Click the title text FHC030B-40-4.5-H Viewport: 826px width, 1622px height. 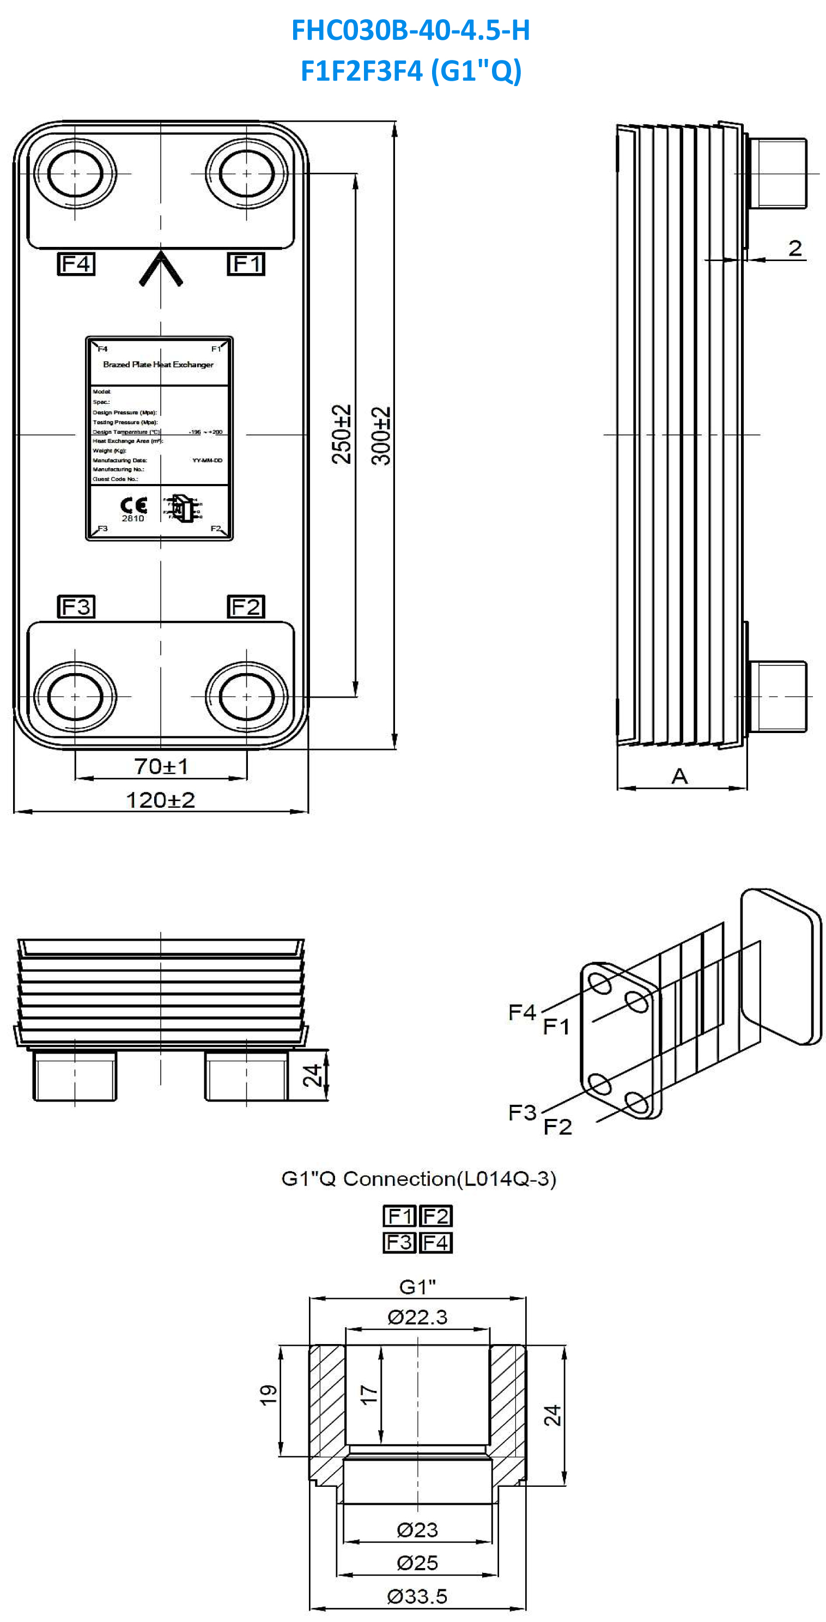(x=410, y=30)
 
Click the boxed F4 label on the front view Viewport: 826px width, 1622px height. (x=76, y=263)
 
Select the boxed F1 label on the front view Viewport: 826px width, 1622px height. (x=246, y=263)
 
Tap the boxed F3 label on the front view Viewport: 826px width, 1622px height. (x=76, y=607)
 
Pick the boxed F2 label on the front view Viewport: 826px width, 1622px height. (x=246, y=607)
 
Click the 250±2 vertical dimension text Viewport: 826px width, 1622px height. (x=341, y=434)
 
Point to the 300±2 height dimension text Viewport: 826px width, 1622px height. (x=381, y=435)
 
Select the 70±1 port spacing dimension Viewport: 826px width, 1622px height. (x=161, y=766)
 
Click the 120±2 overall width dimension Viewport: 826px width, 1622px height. (x=161, y=800)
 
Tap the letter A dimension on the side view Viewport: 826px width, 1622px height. (x=679, y=776)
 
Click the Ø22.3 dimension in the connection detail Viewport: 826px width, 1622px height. (x=417, y=1317)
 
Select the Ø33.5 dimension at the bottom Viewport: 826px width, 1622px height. (x=417, y=1596)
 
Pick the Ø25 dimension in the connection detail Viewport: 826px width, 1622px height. (x=417, y=1562)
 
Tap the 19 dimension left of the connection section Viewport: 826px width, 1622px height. (x=268, y=1395)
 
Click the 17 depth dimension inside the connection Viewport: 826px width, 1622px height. (x=369, y=1395)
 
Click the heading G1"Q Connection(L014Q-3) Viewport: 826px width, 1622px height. (x=418, y=1179)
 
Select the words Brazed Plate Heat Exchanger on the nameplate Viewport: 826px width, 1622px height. (x=158, y=365)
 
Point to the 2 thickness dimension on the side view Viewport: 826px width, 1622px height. (x=795, y=248)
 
